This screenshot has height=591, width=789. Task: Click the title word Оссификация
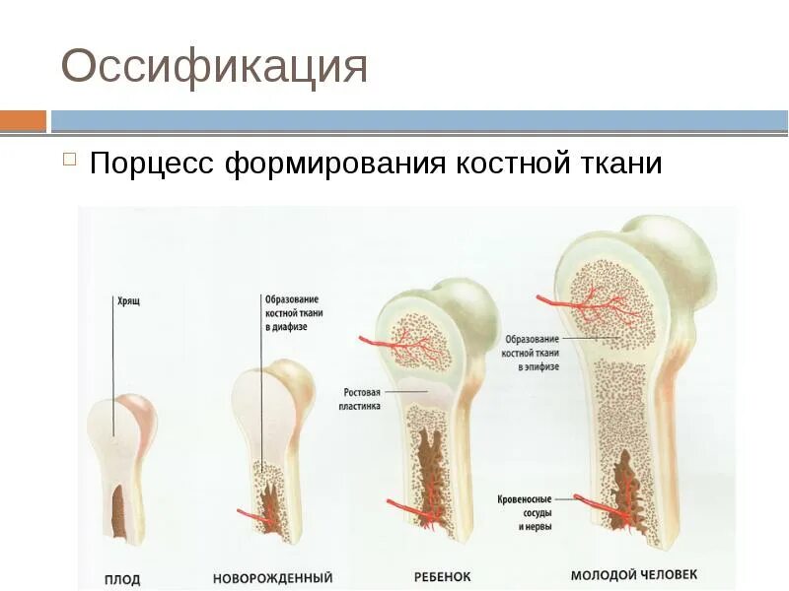(214, 68)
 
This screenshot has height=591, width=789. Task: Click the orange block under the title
(23, 121)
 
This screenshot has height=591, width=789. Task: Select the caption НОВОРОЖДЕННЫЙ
(272, 578)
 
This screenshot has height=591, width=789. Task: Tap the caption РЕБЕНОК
(442, 576)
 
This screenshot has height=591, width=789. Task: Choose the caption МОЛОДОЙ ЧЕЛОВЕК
(634, 574)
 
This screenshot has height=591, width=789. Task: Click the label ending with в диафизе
(293, 312)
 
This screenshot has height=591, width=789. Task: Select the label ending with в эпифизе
(532, 352)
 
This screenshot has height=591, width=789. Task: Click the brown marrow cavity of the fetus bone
(117, 513)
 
